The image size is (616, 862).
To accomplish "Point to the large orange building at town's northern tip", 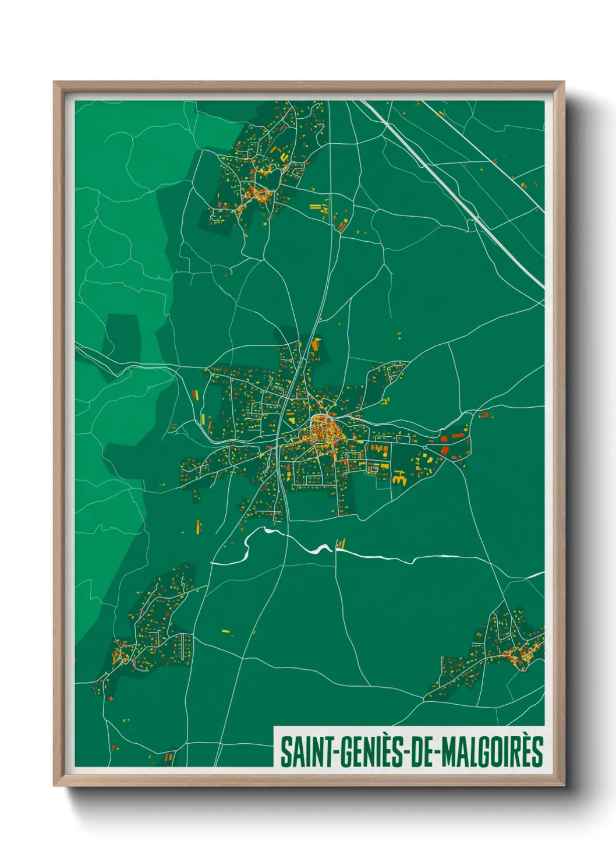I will tap(316, 344).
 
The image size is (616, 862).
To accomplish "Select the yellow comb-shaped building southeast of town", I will tap(399, 479).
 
